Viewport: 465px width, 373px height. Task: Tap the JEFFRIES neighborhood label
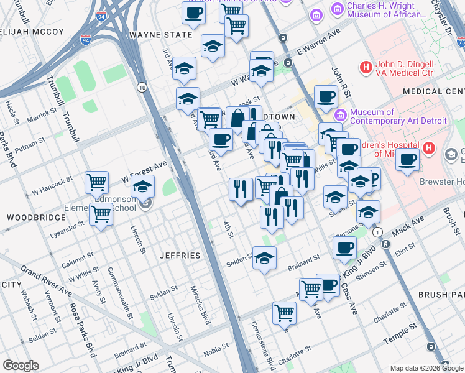click(180, 256)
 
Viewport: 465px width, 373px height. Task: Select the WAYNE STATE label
click(160, 35)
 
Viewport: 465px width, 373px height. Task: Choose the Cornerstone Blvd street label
click(262, 346)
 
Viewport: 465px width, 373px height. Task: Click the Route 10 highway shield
click(142, 86)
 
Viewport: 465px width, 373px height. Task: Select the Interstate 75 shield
click(460, 42)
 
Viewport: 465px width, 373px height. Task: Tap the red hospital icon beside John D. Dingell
click(366, 67)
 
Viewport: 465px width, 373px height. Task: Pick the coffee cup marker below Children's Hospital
click(407, 159)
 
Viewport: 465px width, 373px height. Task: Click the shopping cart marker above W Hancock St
click(96, 182)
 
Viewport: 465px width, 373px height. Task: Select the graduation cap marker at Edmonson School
click(142, 186)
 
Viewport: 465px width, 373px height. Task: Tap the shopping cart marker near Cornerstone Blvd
click(284, 312)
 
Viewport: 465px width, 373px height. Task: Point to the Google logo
click(21, 365)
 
